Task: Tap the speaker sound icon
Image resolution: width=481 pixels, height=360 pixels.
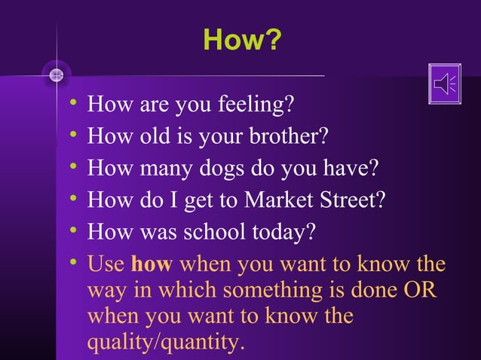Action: pyautogui.click(x=444, y=84)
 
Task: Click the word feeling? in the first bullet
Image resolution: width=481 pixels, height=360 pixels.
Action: pyautogui.click(x=255, y=105)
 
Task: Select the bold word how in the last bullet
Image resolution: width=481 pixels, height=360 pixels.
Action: pyautogui.click(x=152, y=265)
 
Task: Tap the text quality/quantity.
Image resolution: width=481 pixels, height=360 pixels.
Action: pyautogui.click(x=166, y=343)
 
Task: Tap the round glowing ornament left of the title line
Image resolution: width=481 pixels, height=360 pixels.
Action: pyautogui.click(x=57, y=75)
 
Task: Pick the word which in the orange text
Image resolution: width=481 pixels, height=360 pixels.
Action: pyautogui.click(x=191, y=291)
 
